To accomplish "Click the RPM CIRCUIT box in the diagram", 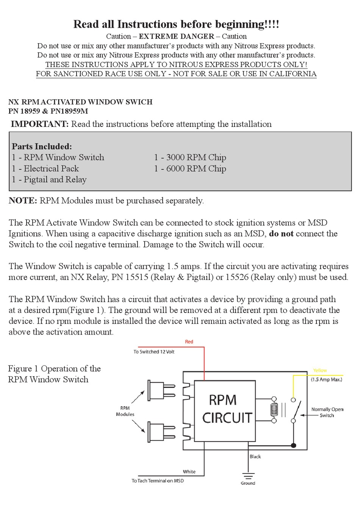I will point(224,411).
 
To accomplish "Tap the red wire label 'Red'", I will point(189,342).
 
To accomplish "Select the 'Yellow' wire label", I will point(320,371).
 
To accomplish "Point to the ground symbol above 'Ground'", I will point(248,476).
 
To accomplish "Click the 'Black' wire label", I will point(255,457).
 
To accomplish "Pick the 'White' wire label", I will point(189,472).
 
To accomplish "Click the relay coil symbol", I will point(274,410).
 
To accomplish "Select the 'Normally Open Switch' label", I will point(327,412).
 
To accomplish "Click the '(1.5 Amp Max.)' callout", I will point(326,379).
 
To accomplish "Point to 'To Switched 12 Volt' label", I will point(154,352).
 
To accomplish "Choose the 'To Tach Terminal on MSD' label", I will point(158,481).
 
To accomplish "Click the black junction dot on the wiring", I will point(293,445).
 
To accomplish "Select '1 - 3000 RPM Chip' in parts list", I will point(190,157).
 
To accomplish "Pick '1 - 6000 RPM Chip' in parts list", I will point(190,169).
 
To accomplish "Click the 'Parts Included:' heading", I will point(42,146).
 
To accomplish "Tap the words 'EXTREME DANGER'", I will point(176,36).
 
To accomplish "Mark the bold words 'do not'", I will point(281,233).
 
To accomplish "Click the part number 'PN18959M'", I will point(69,111).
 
